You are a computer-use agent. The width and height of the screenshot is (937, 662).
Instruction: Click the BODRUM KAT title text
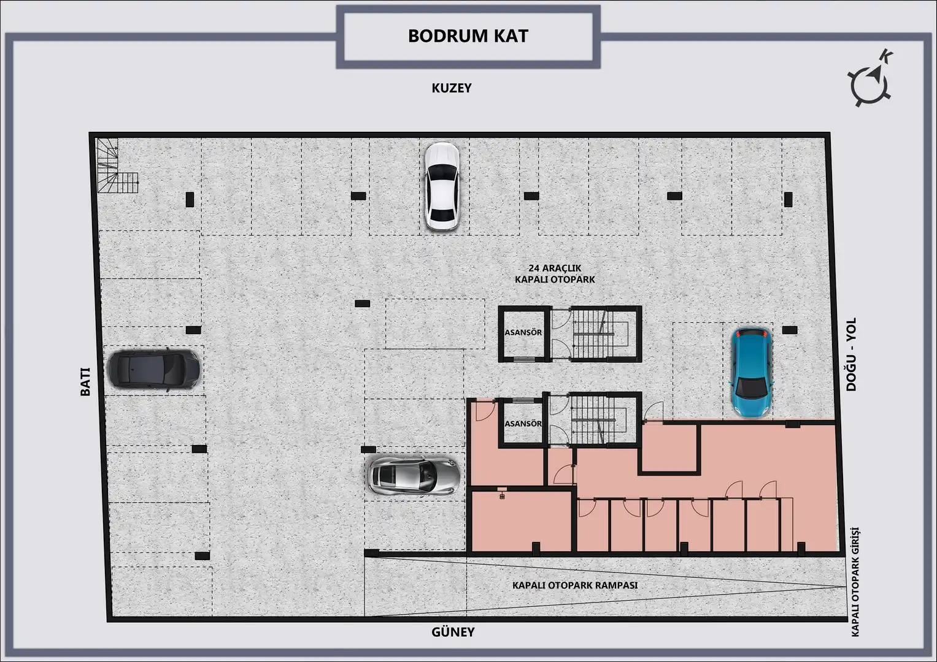(468, 36)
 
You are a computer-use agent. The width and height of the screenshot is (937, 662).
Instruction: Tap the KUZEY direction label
(452, 88)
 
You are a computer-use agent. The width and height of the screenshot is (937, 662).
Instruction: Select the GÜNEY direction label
(453, 631)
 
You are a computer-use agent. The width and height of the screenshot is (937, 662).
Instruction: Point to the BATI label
(85, 381)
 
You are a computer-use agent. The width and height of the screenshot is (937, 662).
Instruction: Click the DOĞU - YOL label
(851, 354)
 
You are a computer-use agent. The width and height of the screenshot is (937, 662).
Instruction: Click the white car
(442, 186)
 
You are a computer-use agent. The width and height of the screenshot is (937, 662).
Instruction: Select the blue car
(751, 373)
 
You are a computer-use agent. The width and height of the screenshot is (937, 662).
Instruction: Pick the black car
(153, 369)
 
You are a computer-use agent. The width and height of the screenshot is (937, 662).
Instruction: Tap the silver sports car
(414, 476)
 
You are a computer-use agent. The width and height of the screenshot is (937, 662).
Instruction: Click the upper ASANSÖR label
(523, 333)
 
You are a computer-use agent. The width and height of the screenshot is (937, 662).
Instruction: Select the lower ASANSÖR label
(523, 424)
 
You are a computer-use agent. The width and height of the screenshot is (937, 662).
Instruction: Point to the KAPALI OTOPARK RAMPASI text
(575, 585)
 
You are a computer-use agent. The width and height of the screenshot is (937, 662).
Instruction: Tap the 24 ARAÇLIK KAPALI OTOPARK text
(555, 274)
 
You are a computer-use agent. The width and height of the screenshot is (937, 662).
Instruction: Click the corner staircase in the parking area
(117, 166)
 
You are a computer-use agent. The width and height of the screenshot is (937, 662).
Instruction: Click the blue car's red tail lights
(752, 333)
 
